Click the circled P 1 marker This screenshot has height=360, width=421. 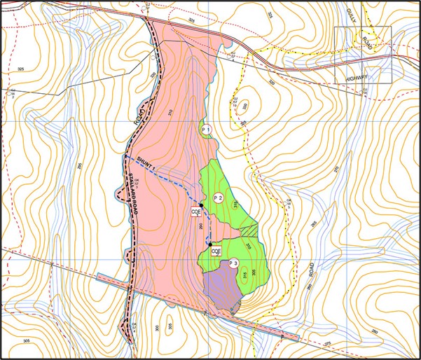coord(206,131)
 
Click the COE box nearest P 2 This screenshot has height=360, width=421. coord(197,212)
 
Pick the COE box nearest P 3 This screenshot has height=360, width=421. coord(216,251)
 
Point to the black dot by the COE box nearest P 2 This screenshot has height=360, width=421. coord(201,205)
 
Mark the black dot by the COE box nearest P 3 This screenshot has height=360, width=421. coord(210,244)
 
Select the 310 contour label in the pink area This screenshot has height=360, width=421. coord(170,112)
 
